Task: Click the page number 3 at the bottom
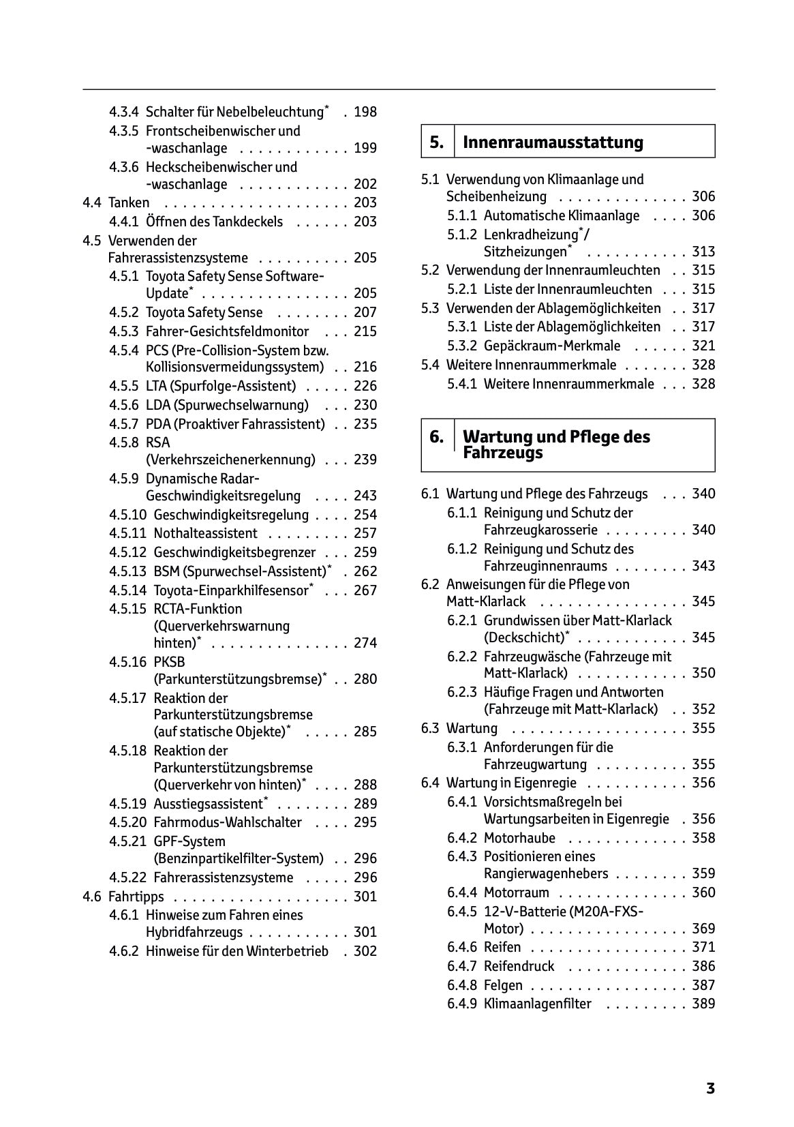[x=709, y=1088]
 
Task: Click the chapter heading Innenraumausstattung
[x=552, y=142]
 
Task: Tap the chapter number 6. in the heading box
[x=436, y=437]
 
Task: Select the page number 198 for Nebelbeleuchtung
[x=365, y=112]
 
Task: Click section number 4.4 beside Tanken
[x=92, y=202]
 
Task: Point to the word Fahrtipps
[x=136, y=897]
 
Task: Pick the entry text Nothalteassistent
[x=205, y=533]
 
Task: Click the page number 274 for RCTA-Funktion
[x=365, y=643]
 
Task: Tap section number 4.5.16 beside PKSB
[x=127, y=662]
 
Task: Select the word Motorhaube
[x=519, y=838]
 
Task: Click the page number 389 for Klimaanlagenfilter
[x=703, y=1004]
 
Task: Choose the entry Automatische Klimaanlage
[x=561, y=216]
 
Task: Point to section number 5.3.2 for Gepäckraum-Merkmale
[x=462, y=346]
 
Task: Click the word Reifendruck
[x=519, y=966]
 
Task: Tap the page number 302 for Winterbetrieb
[x=365, y=951]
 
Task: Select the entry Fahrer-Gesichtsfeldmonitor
[x=227, y=331]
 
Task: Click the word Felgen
[x=503, y=985]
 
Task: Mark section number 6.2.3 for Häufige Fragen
[x=462, y=692]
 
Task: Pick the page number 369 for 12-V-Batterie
[x=703, y=929]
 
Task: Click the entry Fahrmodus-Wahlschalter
[x=227, y=822]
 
